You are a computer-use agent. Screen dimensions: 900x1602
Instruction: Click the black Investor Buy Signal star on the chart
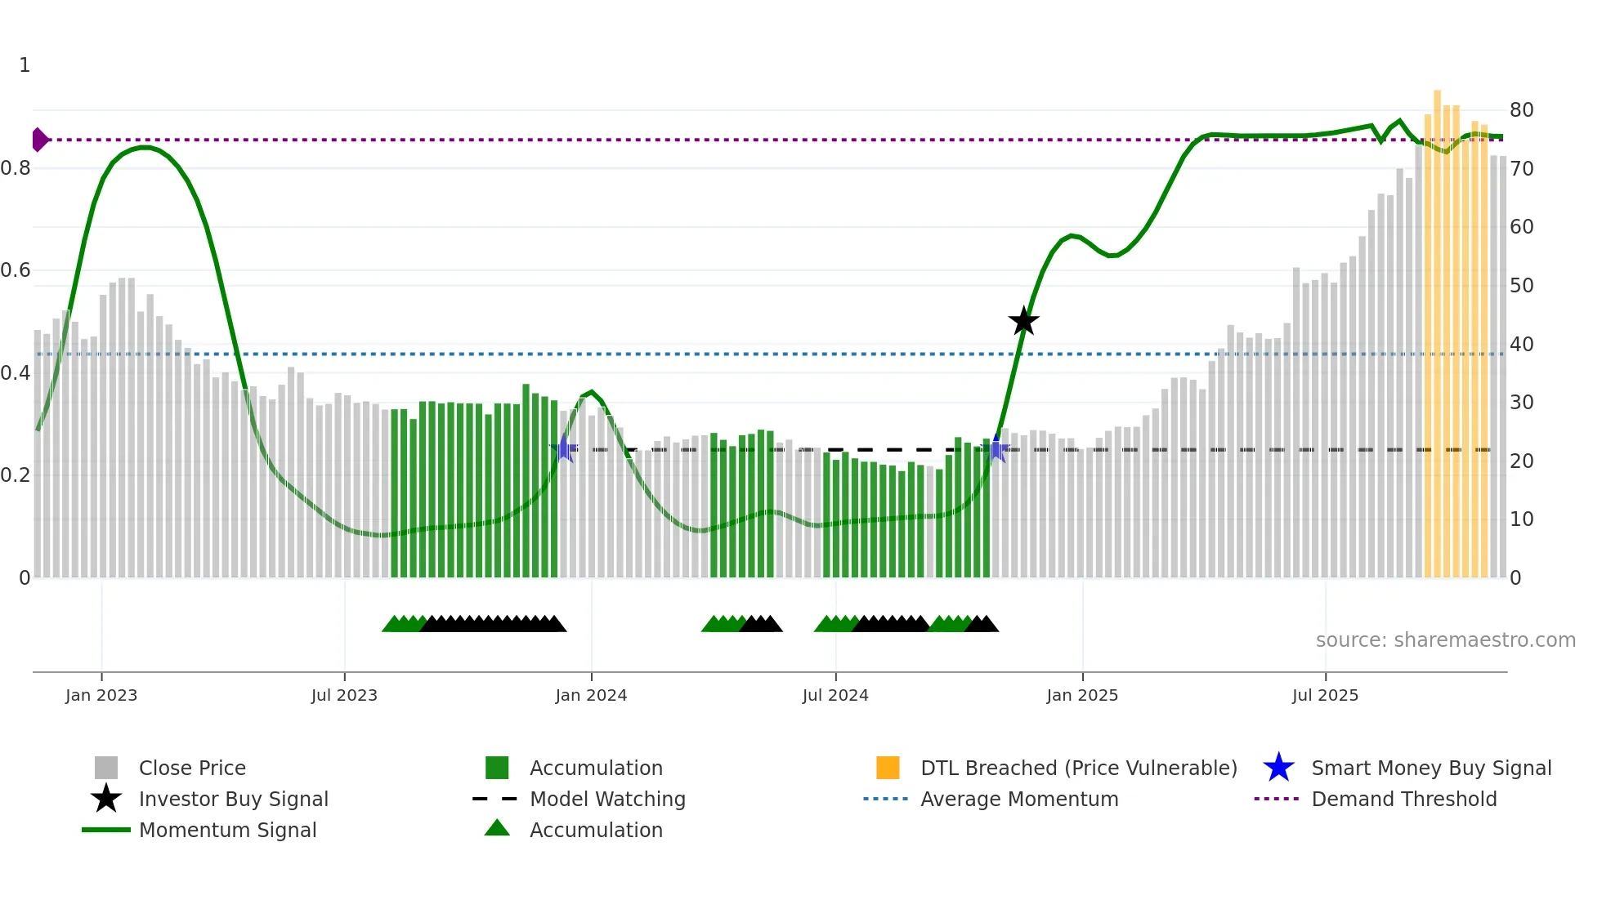[1023, 321]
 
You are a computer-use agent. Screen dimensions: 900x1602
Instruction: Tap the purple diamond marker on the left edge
[39, 140]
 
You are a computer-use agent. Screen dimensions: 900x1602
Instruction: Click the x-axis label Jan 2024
[591, 695]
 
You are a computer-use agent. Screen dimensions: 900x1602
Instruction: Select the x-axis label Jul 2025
[1325, 695]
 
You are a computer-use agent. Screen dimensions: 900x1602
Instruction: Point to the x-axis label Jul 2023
[344, 695]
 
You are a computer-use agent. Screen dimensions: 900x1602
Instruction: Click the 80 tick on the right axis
[1521, 110]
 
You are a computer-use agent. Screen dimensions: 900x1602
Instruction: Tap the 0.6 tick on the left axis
[16, 270]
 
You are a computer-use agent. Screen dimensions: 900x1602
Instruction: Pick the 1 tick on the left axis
[25, 65]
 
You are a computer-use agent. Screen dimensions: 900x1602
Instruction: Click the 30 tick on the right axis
[1521, 403]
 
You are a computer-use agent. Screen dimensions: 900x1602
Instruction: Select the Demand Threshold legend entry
[1403, 799]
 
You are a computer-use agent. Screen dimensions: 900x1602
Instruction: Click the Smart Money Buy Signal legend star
[1278, 768]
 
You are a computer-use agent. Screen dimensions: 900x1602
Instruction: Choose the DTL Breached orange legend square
[888, 768]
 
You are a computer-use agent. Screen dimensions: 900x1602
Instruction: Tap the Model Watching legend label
[607, 799]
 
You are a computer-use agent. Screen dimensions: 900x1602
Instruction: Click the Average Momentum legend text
[1019, 799]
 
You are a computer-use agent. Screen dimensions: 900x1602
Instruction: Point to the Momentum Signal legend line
[106, 830]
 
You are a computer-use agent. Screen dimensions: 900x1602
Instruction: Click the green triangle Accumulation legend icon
[497, 828]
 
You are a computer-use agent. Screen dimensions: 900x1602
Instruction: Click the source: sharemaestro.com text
[1445, 640]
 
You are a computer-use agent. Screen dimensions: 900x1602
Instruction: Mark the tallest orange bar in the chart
[1437, 327]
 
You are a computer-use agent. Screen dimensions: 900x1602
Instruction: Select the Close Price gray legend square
[106, 768]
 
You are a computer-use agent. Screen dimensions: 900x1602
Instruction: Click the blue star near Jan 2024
[564, 448]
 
